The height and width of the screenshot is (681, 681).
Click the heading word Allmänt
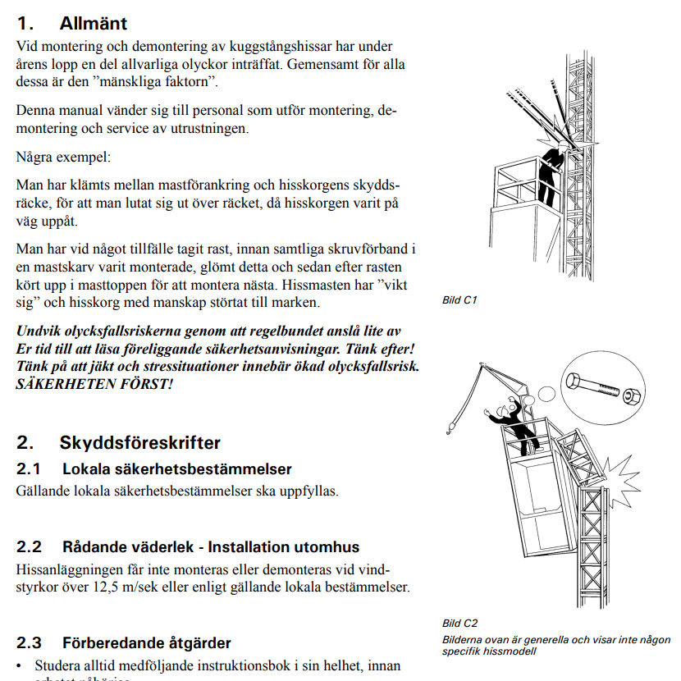93,24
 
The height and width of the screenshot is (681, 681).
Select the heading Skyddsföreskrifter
139,443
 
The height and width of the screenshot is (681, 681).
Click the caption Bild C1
459,300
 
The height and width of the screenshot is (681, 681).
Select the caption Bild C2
459,624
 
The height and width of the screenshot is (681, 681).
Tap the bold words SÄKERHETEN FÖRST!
95,384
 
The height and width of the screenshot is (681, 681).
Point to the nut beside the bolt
632,397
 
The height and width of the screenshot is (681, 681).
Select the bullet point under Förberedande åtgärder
21,665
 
